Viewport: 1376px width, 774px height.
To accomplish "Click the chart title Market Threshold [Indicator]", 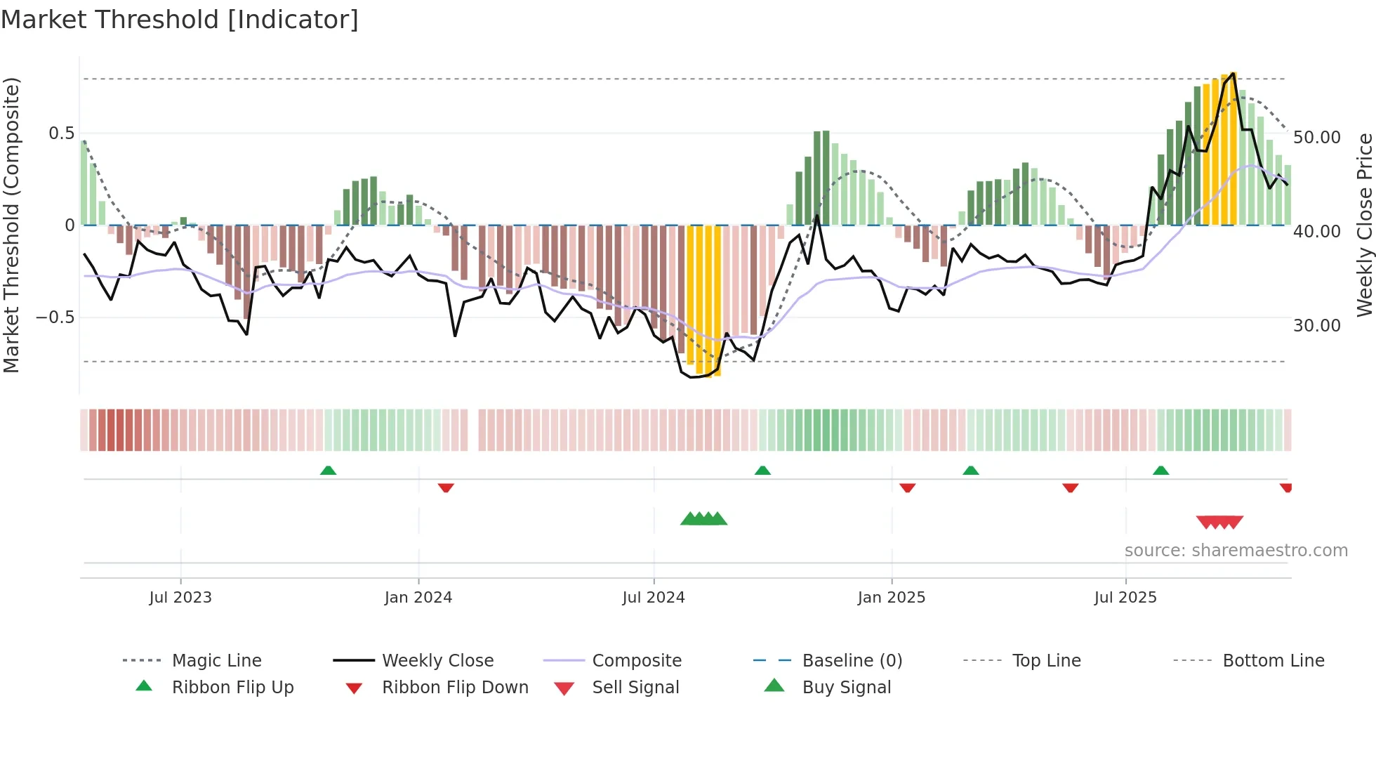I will point(180,20).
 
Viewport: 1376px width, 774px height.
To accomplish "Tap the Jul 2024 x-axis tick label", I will point(653,598).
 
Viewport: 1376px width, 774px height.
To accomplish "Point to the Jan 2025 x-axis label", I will point(891,598).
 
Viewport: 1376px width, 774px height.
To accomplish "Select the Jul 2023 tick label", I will point(180,598).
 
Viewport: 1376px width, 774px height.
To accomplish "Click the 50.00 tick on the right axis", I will point(1316,138).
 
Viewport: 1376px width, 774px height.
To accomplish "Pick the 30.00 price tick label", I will point(1316,326).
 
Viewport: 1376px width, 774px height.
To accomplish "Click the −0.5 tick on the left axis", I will point(55,317).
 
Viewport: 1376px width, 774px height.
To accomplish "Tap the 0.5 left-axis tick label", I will point(61,133).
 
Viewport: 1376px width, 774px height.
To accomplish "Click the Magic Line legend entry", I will point(216,661).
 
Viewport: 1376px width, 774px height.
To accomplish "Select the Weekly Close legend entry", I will point(437,661).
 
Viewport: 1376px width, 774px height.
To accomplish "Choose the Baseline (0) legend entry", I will point(852,661).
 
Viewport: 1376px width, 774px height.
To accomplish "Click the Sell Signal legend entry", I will point(635,688).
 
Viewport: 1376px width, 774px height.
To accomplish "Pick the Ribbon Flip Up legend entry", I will point(232,688).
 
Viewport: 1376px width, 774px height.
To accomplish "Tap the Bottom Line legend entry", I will point(1273,661).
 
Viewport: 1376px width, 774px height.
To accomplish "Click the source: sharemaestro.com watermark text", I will point(1236,551).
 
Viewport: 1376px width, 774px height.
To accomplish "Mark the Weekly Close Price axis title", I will point(1364,225).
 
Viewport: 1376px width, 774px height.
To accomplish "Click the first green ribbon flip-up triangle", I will point(328,471).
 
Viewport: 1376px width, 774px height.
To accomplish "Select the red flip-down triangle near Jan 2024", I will point(446,487).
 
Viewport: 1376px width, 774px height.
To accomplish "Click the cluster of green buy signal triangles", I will point(703,519).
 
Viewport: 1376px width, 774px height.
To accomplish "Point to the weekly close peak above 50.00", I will point(1233,74).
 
